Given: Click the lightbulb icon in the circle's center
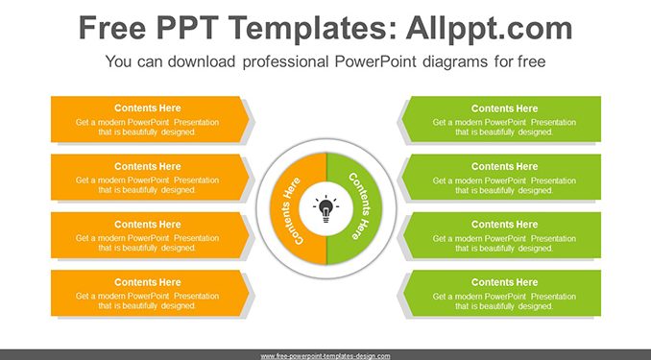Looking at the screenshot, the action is (x=325, y=208).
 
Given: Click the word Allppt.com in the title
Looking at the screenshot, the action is (x=489, y=28).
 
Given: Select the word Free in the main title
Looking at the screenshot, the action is (x=112, y=28).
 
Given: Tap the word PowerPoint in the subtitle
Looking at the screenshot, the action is (x=375, y=61).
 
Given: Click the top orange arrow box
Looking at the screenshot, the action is (x=150, y=120).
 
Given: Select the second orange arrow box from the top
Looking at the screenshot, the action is (x=150, y=178).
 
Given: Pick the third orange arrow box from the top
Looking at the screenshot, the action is (x=150, y=235).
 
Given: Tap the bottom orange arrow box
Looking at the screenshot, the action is (x=150, y=293).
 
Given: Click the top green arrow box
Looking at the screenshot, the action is (x=501, y=120).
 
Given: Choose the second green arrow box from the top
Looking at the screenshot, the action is (x=501, y=178).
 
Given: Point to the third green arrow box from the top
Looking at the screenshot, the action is (x=501, y=235).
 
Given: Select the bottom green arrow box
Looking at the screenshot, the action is (x=501, y=293).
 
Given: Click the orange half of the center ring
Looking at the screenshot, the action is (x=284, y=209).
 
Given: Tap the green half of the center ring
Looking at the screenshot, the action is (x=368, y=209).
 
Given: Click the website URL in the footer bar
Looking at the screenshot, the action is (x=325, y=356).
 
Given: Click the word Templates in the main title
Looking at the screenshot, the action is (x=312, y=28).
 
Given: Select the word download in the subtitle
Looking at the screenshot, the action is (x=202, y=61).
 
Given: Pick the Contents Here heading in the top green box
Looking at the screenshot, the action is (x=504, y=108).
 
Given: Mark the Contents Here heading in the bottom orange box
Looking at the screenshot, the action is (x=148, y=282).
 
